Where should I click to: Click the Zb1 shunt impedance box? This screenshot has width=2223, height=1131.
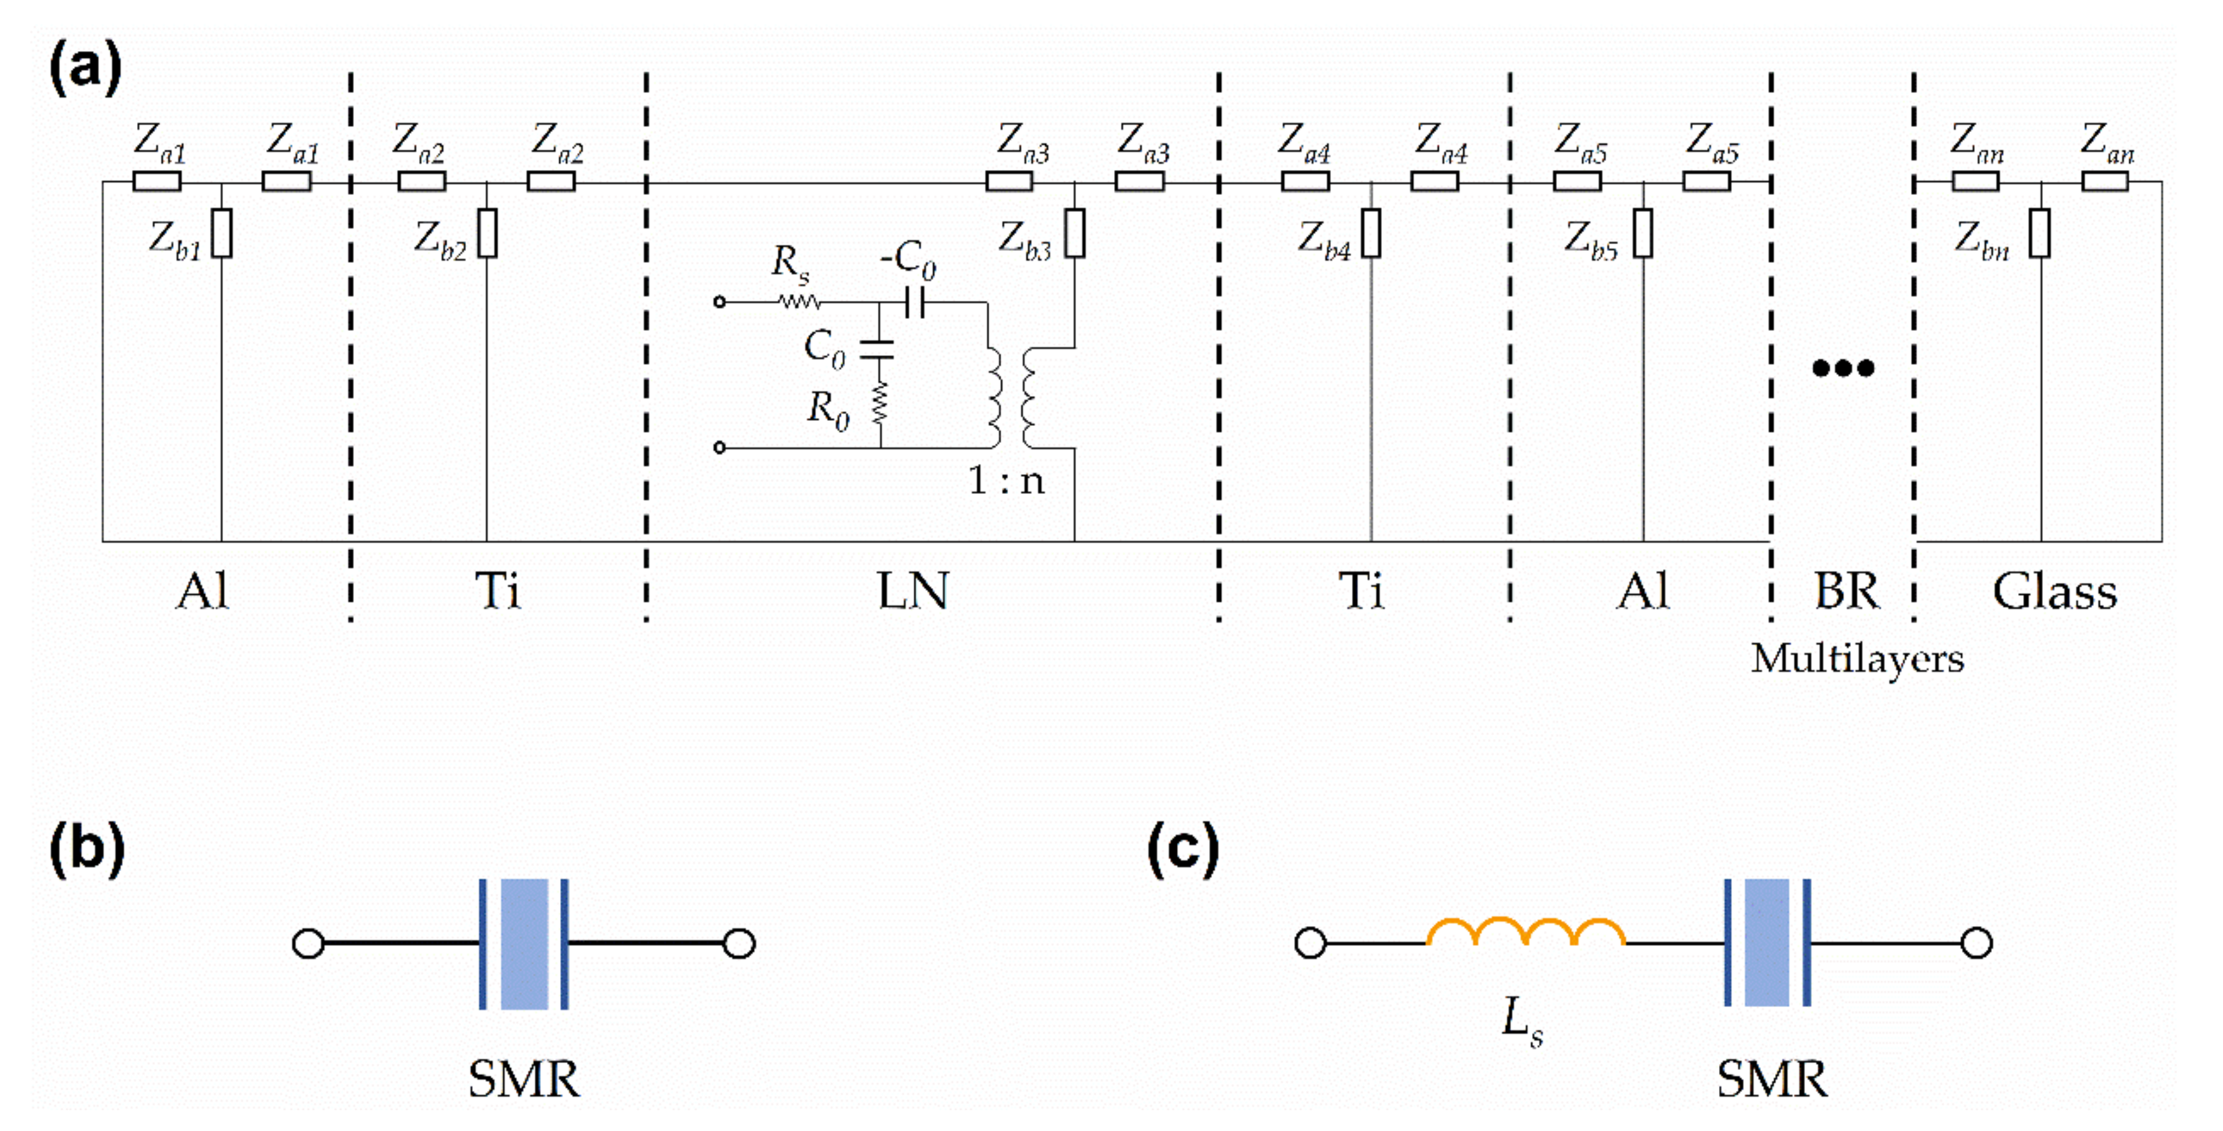222,233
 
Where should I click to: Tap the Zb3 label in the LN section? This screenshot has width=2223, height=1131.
1024,239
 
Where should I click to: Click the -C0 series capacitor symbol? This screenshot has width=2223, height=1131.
916,302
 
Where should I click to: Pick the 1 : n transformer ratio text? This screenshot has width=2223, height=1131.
1006,480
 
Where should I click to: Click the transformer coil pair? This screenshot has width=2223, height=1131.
1011,397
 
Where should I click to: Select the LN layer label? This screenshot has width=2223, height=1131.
912,591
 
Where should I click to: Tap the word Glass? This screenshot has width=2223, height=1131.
2054,592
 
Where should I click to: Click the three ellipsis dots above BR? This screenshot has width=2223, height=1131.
1842,368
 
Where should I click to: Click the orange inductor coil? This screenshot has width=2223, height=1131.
1526,932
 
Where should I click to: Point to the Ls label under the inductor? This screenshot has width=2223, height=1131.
1522,1021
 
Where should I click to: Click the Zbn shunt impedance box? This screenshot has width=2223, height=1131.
2039,233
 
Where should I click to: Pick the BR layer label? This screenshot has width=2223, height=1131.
1846,592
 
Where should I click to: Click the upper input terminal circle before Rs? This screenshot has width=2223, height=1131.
720,302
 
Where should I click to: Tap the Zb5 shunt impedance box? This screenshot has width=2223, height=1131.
1642,233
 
